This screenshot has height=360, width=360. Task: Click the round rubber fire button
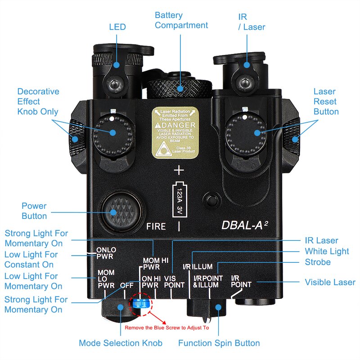117,211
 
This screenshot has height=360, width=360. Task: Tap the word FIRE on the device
156,226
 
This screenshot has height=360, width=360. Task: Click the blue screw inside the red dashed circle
141,305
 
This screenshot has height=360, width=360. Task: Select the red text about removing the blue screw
166,328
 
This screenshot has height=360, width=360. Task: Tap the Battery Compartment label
181,20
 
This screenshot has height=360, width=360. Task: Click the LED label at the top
117,27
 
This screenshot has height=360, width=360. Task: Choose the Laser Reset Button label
326,101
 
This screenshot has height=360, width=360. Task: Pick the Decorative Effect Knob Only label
38,101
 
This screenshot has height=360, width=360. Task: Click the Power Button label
34,211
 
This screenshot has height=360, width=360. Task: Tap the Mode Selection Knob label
121,343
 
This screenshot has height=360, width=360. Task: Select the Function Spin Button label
219,343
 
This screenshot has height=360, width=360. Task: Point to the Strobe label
318,262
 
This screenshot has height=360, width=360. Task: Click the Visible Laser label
330,282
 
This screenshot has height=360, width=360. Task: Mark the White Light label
327,251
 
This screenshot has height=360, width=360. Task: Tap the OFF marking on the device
126,285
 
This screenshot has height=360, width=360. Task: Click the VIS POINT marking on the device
174,282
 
